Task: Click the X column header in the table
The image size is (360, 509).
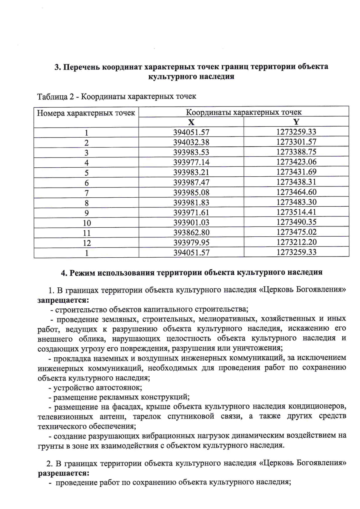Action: [x=191, y=122]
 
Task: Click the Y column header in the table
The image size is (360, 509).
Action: [x=296, y=122]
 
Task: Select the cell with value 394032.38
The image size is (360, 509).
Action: [x=191, y=142]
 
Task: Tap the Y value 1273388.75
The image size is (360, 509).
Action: [x=296, y=152]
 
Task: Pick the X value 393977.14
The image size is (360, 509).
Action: [x=191, y=162]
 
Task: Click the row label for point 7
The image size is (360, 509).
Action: [x=86, y=193]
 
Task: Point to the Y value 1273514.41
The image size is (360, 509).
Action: [x=296, y=212]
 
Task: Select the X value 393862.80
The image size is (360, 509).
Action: [x=191, y=232]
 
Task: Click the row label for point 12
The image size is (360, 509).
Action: [x=86, y=243]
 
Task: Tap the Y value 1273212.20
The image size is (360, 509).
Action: [x=296, y=242]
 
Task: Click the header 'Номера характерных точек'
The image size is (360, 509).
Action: [x=86, y=113]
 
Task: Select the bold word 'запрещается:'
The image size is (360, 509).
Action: [x=63, y=300]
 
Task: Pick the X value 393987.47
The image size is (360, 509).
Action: [x=191, y=182]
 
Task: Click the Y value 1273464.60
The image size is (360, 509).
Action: [x=296, y=192]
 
